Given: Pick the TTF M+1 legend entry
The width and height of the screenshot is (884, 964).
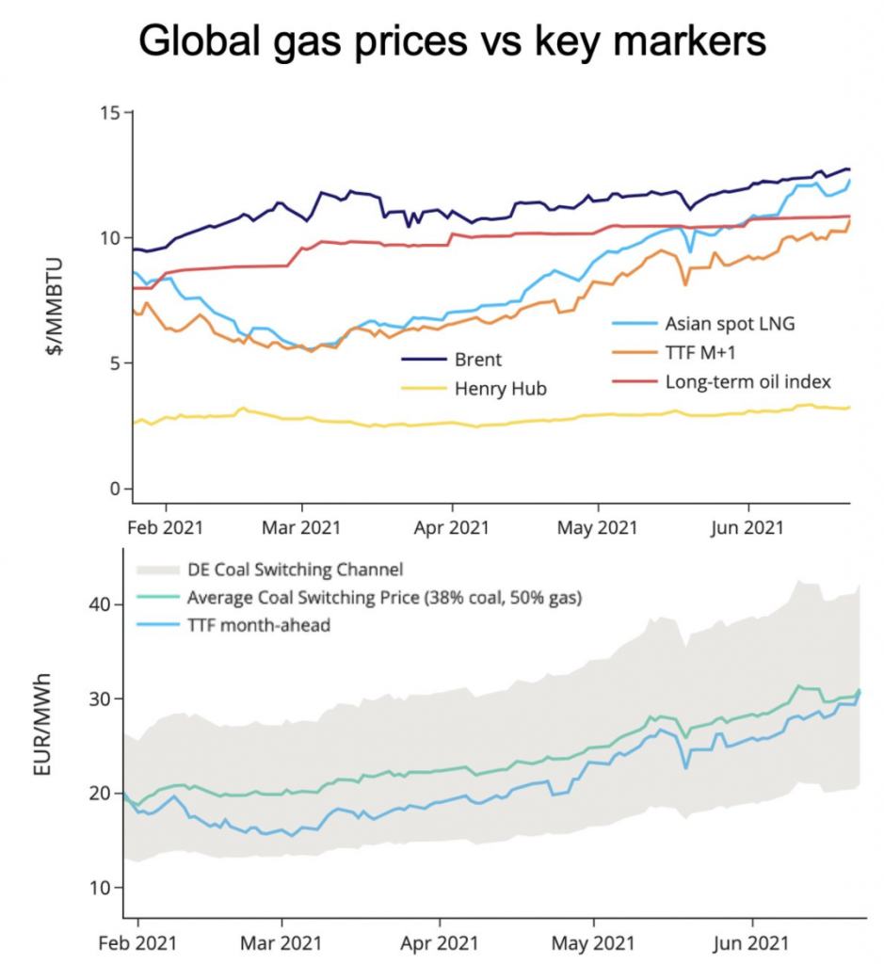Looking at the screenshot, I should click(701, 353).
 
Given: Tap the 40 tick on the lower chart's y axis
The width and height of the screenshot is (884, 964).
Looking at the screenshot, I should click(100, 604).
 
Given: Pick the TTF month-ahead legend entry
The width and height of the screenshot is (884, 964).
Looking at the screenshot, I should click(259, 624).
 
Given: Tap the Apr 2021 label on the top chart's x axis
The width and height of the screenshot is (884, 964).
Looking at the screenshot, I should click(452, 527).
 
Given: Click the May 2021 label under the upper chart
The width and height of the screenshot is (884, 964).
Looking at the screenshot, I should click(600, 527).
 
